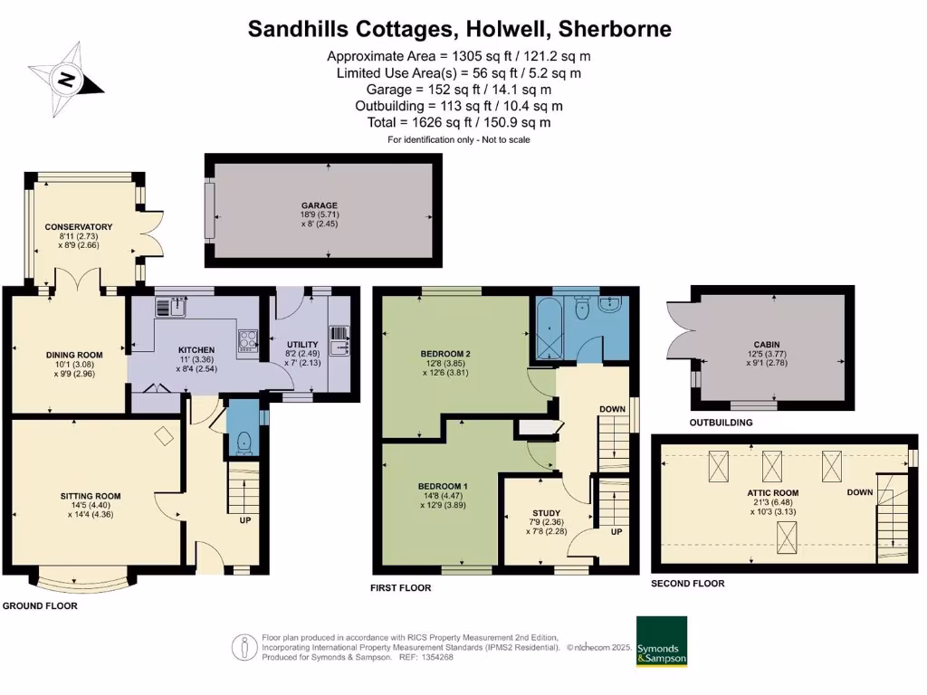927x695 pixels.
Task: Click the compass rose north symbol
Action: [66, 80]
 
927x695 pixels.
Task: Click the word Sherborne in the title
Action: [615, 29]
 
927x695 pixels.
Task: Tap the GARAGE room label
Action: [320, 205]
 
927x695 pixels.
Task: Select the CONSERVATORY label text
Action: [79, 227]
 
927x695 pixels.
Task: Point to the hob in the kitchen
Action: [247, 340]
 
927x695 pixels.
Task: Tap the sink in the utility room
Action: [340, 342]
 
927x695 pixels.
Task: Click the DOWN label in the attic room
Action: [860, 492]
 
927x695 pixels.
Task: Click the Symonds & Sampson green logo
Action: [661, 642]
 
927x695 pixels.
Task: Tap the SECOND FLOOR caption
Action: [688, 584]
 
